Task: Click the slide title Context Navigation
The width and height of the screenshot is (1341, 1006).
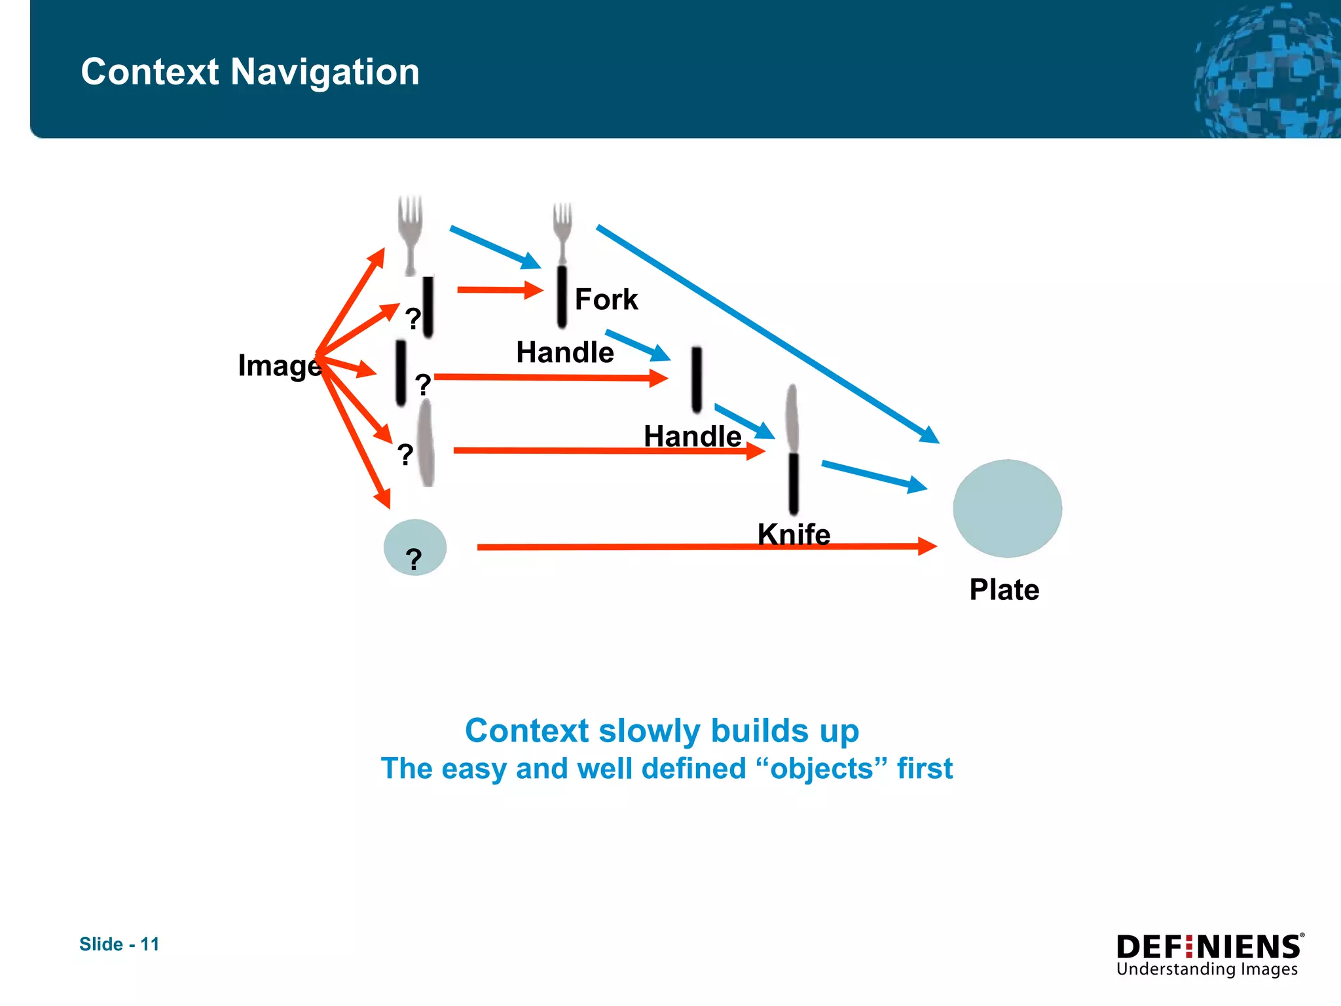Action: [249, 71]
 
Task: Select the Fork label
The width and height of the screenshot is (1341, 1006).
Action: [606, 299]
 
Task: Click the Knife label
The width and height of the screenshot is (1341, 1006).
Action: [794, 534]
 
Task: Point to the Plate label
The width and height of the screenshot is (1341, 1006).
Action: [1004, 589]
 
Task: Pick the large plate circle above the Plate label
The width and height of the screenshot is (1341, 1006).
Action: [1007, 508]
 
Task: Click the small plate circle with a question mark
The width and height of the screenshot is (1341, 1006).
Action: [414, 547]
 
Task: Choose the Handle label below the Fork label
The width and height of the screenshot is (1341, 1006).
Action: [564, 352]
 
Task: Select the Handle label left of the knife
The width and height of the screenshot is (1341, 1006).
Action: [692, 436]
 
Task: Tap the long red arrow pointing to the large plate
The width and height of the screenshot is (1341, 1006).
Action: [707, 546]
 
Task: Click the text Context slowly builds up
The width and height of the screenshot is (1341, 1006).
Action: [661, 730]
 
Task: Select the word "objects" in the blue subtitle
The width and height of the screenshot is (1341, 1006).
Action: [822, 768]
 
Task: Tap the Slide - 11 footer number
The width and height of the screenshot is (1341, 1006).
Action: [119, 944]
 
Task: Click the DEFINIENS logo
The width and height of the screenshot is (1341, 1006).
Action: [1209, 947]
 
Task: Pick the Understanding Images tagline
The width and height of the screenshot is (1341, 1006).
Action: [1206, 969]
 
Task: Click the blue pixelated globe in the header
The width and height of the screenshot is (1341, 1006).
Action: [1267, 72]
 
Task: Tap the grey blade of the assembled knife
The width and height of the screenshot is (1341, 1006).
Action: [792, 418]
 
